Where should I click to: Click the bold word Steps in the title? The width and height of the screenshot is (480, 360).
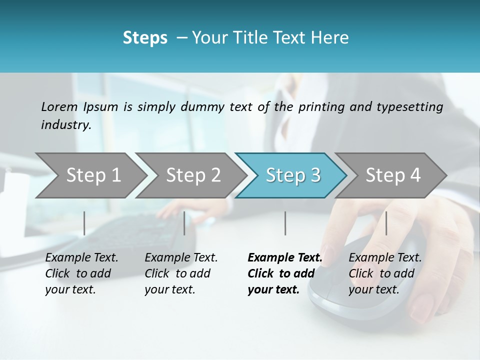click(145, 38)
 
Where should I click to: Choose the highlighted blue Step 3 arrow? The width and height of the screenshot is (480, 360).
click(293, 175)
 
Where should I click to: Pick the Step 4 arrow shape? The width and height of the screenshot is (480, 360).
click(393, 175)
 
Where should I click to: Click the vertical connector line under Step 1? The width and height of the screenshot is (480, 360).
click(84, 223)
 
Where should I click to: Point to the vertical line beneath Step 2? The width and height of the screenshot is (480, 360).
click(184, 223)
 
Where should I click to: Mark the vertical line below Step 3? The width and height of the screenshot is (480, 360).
click(285, 223)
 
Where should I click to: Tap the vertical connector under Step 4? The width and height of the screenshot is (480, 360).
click(386, 223)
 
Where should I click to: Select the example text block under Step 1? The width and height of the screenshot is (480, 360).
click(81, 273)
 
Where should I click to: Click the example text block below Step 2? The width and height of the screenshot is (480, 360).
click(181, 273)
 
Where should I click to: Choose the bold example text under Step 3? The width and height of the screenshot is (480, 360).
click(284, 273)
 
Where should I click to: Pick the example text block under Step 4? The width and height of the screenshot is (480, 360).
click(385, 273)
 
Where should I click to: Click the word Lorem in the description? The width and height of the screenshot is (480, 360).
click(59, 107)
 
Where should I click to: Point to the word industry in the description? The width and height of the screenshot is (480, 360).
click(66, 125)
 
